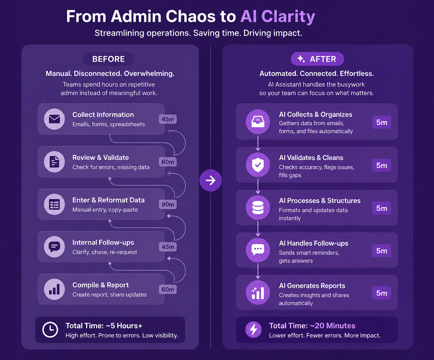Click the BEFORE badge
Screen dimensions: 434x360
point(108,59)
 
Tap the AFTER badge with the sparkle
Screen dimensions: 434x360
point(317,59)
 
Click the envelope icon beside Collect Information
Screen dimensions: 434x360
point(54,119)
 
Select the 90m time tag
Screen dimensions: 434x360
point(168,204)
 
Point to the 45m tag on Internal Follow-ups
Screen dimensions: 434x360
point(168,247)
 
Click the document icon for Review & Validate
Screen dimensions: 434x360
point(54,162)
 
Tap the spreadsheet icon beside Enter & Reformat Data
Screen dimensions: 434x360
point(54,204)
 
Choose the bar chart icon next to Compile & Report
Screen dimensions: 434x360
point(54,289)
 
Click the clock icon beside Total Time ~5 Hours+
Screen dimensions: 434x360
point(50,330)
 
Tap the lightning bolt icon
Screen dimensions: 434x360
point(254,330)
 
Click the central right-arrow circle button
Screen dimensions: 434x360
point(210,180)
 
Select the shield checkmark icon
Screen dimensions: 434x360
point(258,165)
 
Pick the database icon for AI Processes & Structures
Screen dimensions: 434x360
point(258,208)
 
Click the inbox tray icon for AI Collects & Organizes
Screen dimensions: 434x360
point(258,121)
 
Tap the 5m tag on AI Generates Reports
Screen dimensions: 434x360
point(382,293)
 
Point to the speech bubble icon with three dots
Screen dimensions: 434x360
point(258,250)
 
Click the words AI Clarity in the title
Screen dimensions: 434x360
point(278,17)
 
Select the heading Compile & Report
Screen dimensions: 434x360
point(101,285)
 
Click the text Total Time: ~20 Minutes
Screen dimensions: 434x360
point(312,326)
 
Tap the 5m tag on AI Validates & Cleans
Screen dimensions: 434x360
point(382,166)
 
